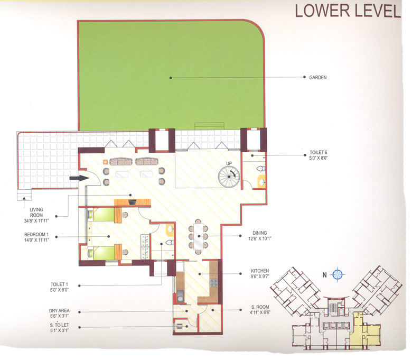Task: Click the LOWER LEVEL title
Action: [348, 11]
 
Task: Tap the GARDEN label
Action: [317, 77]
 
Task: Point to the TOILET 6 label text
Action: [320, 152]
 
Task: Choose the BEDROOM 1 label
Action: [36, 234]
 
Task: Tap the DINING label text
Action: [259, 233]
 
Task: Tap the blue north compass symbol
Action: [338, 274]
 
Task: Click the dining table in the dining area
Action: [199, 236]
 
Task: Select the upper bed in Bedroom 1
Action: [104, 214]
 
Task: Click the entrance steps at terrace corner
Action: [22, 197]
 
